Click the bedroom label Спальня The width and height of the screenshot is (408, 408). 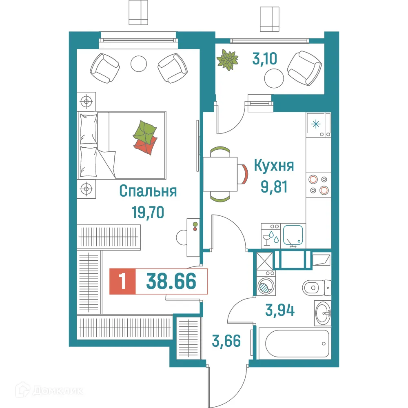(148, 191)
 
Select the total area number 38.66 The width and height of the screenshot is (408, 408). (171, 282)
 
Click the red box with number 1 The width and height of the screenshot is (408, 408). (122, 282)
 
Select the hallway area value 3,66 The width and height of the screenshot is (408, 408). (226, 339)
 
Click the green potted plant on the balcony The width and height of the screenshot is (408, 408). (227, 60)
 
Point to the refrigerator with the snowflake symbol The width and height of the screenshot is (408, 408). (318, 124)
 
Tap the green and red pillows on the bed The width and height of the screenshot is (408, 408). (145, 138)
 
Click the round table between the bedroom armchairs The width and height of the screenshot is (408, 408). (138, 63)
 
